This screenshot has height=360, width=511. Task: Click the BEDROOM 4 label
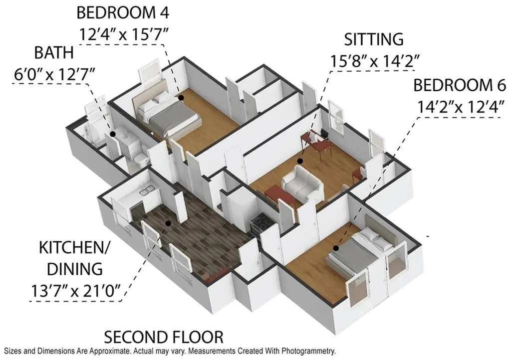[x=123, y=12]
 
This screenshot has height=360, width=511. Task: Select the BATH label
[x=54, y=53]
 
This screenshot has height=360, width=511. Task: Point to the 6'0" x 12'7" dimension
[x=54, y=74]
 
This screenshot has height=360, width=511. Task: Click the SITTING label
[x=374, y=39]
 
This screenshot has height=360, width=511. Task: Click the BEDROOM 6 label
[x=460, y=85]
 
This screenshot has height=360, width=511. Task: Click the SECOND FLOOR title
[x=164, y=337]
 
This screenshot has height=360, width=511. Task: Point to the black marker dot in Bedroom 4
[x=181, y=97]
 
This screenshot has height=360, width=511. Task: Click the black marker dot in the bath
[x=113, y=134]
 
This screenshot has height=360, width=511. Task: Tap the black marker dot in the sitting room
[x=300, y=161]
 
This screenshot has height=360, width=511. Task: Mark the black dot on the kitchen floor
[x=168, y=223]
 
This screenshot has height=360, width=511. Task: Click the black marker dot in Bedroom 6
[x=336, y=248]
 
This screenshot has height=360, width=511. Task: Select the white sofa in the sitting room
[x=302, y=183]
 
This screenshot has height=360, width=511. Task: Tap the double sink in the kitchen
[x=147, y=191]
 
